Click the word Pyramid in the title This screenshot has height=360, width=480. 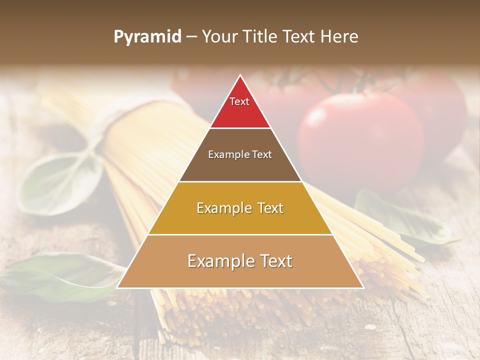point(147,37)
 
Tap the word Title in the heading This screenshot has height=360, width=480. point(260,37)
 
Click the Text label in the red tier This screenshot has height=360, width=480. point(239,102)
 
